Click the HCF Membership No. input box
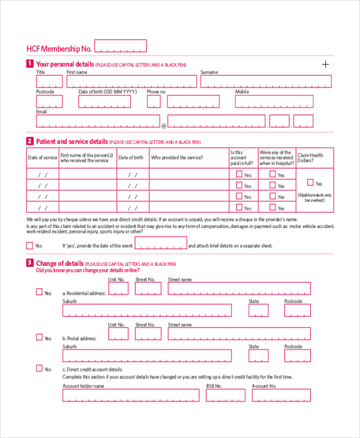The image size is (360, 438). (x=120, y=46)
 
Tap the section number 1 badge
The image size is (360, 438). (x=30, y=64)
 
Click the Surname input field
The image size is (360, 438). (x=266, y=82)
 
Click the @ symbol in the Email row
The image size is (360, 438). (x=164, y=125)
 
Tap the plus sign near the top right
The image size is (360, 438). (x=326, y=64)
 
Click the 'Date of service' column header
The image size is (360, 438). (x=43, y=158)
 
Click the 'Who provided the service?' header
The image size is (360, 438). (x=177, y=158)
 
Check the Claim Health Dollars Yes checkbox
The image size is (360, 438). (x=310, y=182)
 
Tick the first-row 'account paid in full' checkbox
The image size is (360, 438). (x=239, y=174)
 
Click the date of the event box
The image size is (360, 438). (x=161, y=243)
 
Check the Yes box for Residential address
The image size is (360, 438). (x=39, y=292)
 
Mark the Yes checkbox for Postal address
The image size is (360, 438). (x=39, y=337)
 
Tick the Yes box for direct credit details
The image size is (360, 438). (x=39, y=368)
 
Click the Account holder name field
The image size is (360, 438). (x=131, y=395)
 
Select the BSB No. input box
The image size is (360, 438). (x=226, y=395)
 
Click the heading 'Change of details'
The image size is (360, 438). (x=59, y=263)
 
